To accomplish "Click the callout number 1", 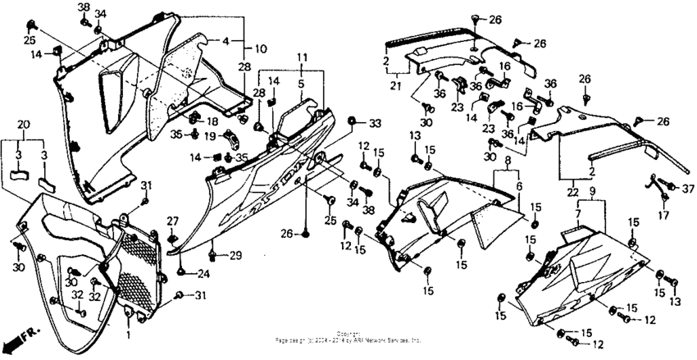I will point(129,334).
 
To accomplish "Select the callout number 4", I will point(225,39).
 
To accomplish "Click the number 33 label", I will point(375,123).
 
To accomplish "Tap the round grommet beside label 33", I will point(352,122).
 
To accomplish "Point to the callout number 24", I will point(203,274).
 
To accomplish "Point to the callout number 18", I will point(212,121).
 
